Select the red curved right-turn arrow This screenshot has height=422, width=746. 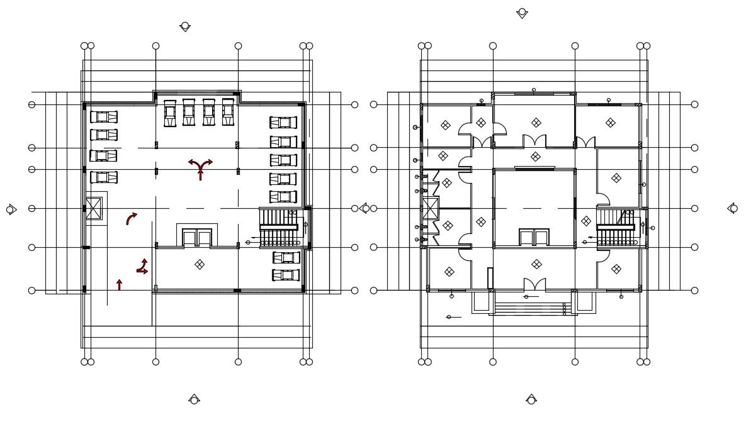131,218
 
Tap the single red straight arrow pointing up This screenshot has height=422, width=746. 119,285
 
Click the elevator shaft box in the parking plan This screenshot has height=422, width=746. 94,208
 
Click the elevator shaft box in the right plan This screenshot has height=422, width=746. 431,208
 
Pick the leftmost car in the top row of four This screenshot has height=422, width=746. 170,113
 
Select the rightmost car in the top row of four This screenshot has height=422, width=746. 228,112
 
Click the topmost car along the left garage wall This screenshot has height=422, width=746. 103,117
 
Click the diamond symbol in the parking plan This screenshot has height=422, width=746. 200,265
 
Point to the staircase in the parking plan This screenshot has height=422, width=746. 279,228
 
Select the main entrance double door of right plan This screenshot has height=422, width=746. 534,285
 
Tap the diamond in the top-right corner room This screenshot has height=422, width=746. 610,123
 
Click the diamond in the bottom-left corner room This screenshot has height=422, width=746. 449,272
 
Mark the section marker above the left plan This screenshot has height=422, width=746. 185,26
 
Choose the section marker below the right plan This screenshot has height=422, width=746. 531,399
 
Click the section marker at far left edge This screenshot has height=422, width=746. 11,209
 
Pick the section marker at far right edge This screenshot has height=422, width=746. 733,208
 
